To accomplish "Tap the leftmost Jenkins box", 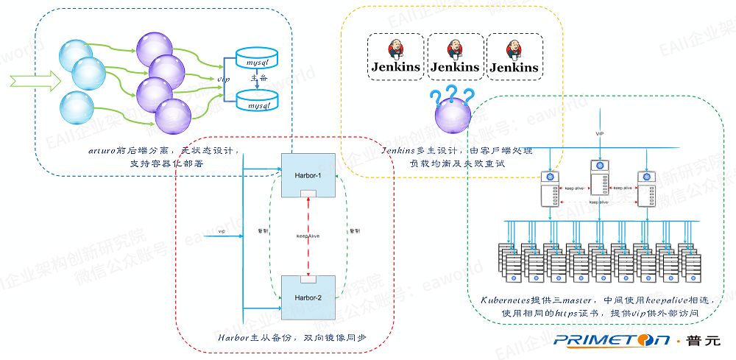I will click(x=394, y=57).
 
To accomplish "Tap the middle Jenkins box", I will click(x=454, y=57).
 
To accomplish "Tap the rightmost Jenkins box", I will click(x=514, y=57).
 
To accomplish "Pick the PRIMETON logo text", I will click(x=612, y=341).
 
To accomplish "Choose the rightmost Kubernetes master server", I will click(x=646, y=190).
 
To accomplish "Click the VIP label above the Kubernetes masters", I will click(x=600, y=133).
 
